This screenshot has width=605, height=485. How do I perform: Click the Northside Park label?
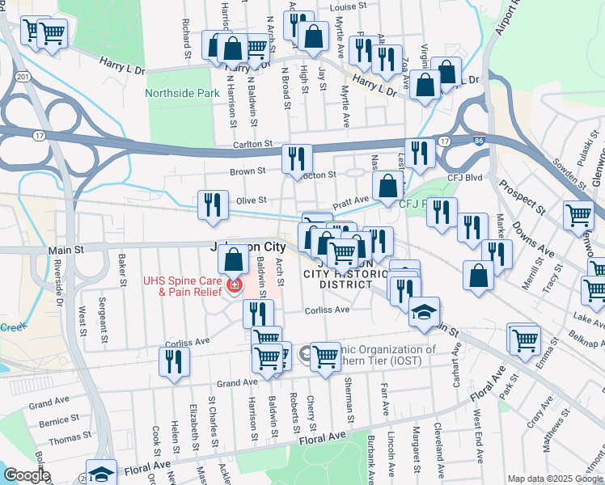click(x=182, y=94)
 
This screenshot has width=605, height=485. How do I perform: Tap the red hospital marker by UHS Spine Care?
click(x=234, y=286)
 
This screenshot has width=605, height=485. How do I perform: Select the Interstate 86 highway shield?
click(x=479, y=141)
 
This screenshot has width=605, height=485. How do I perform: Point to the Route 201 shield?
click(x=23, y=77)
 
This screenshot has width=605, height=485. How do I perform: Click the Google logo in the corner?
click(x=27, y=475)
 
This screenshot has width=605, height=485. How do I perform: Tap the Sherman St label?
click(x=350, y=404)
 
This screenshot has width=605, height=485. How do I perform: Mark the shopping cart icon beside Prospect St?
click(x=579, y=215)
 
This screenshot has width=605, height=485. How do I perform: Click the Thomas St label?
click(x=64, y=441)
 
